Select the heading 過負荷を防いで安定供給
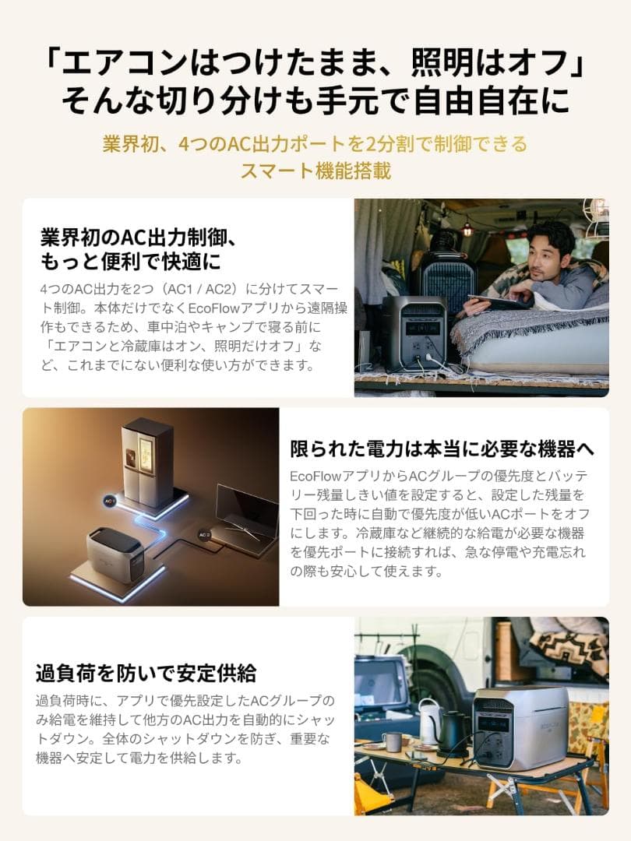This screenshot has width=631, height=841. (146, 672)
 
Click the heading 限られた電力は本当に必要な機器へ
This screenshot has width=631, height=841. (442, 449)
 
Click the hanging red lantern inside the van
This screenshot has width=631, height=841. (467, 228)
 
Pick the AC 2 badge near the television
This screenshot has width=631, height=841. (204, 535)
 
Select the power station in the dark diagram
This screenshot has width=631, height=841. (115, 554)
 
